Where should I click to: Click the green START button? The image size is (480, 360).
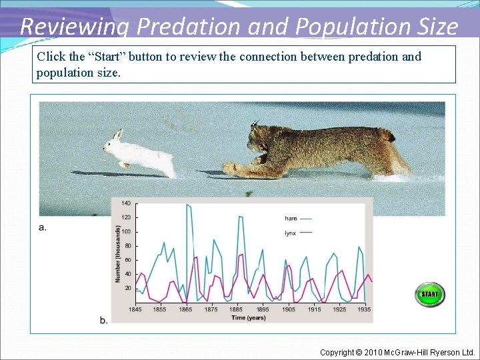(x=429, y=294)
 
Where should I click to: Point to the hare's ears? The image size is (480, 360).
(x=117, y=135)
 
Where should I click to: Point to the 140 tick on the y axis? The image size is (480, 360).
(x=126, y=203)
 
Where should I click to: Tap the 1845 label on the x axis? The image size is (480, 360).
(x=135, y=309)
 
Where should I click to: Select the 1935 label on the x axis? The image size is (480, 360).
(x=363, y=309)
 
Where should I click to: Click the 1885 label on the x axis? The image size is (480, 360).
(x=237, y=309)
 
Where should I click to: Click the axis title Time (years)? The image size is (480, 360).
(x=248, y=317)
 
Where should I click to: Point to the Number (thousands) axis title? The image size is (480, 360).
(x=117, y=253)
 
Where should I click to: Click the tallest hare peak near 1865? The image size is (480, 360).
(x=187, y=205)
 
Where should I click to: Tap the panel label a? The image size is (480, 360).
(x=43, y=227)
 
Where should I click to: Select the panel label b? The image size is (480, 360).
(x=103, y=320)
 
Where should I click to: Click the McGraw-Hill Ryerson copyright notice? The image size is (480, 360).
(x=397, y=352)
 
